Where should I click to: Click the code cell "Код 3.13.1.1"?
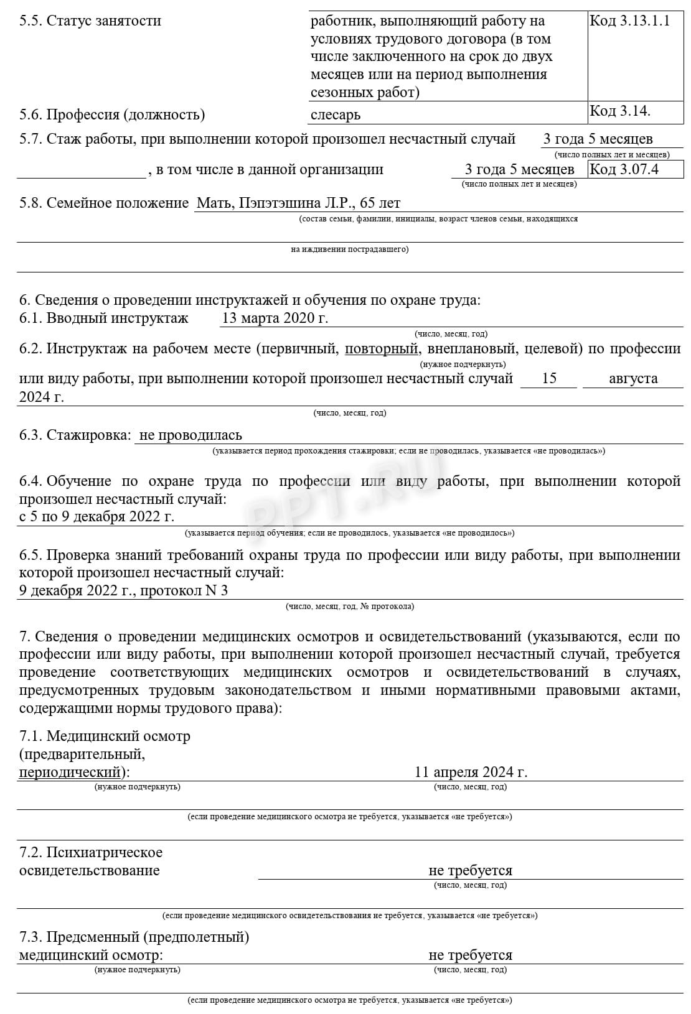click(629, 21)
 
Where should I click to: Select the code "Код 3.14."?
click(619, 111)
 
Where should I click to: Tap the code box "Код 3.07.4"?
click(624, 169)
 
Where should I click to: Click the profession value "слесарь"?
click(335, 115)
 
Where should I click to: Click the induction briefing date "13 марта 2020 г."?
click(275, 319)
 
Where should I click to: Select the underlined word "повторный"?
click(381, 349)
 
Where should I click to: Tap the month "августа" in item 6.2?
click(632, 379)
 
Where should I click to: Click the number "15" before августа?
click(548, 379)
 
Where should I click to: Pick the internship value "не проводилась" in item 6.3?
click(190, 435)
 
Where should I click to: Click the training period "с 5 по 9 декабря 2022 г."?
click(97, 517)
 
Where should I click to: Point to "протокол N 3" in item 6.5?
click(184, 591)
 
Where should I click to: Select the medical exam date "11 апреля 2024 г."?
click(471, 773)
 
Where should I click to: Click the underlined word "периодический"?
click(70, 773)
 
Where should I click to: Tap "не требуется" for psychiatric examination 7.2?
click(470, 871)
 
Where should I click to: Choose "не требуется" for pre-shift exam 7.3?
click(470, 956)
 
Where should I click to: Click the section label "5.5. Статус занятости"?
click(90, 21)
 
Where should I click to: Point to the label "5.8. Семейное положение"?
click(104, 203)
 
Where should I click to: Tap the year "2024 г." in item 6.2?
click(42, 397)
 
